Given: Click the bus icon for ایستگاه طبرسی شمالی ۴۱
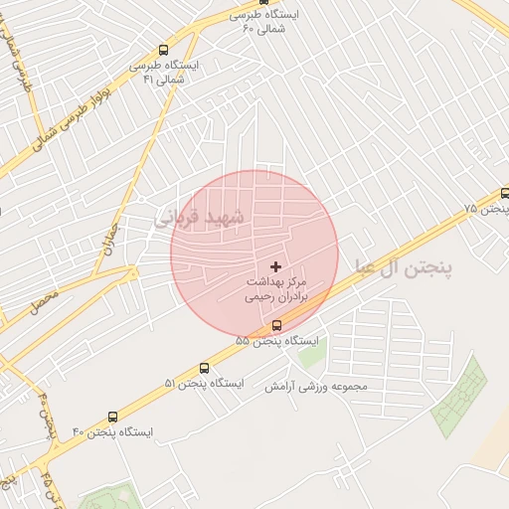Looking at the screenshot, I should click(x=163, y=49).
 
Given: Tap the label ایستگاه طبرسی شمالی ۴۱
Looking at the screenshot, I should click(x=164, y=71).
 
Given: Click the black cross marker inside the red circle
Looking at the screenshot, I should click(x=275, y=267).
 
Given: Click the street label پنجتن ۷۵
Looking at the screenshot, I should click(x=486, y=209).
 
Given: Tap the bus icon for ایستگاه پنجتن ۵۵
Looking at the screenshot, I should click(x=276, y=325).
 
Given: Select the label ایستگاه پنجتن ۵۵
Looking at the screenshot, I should click(x=278, y=341).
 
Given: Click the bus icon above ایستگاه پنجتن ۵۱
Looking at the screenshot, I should click(x=205, y=368).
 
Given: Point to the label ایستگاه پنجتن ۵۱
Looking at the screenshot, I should click(x=205, y=384).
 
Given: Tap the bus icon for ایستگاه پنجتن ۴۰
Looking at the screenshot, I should click(x=111, y=418).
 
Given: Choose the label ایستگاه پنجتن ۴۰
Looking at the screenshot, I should click(x=112, y=432).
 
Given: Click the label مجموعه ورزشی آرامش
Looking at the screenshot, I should click(x=316, y=386).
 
